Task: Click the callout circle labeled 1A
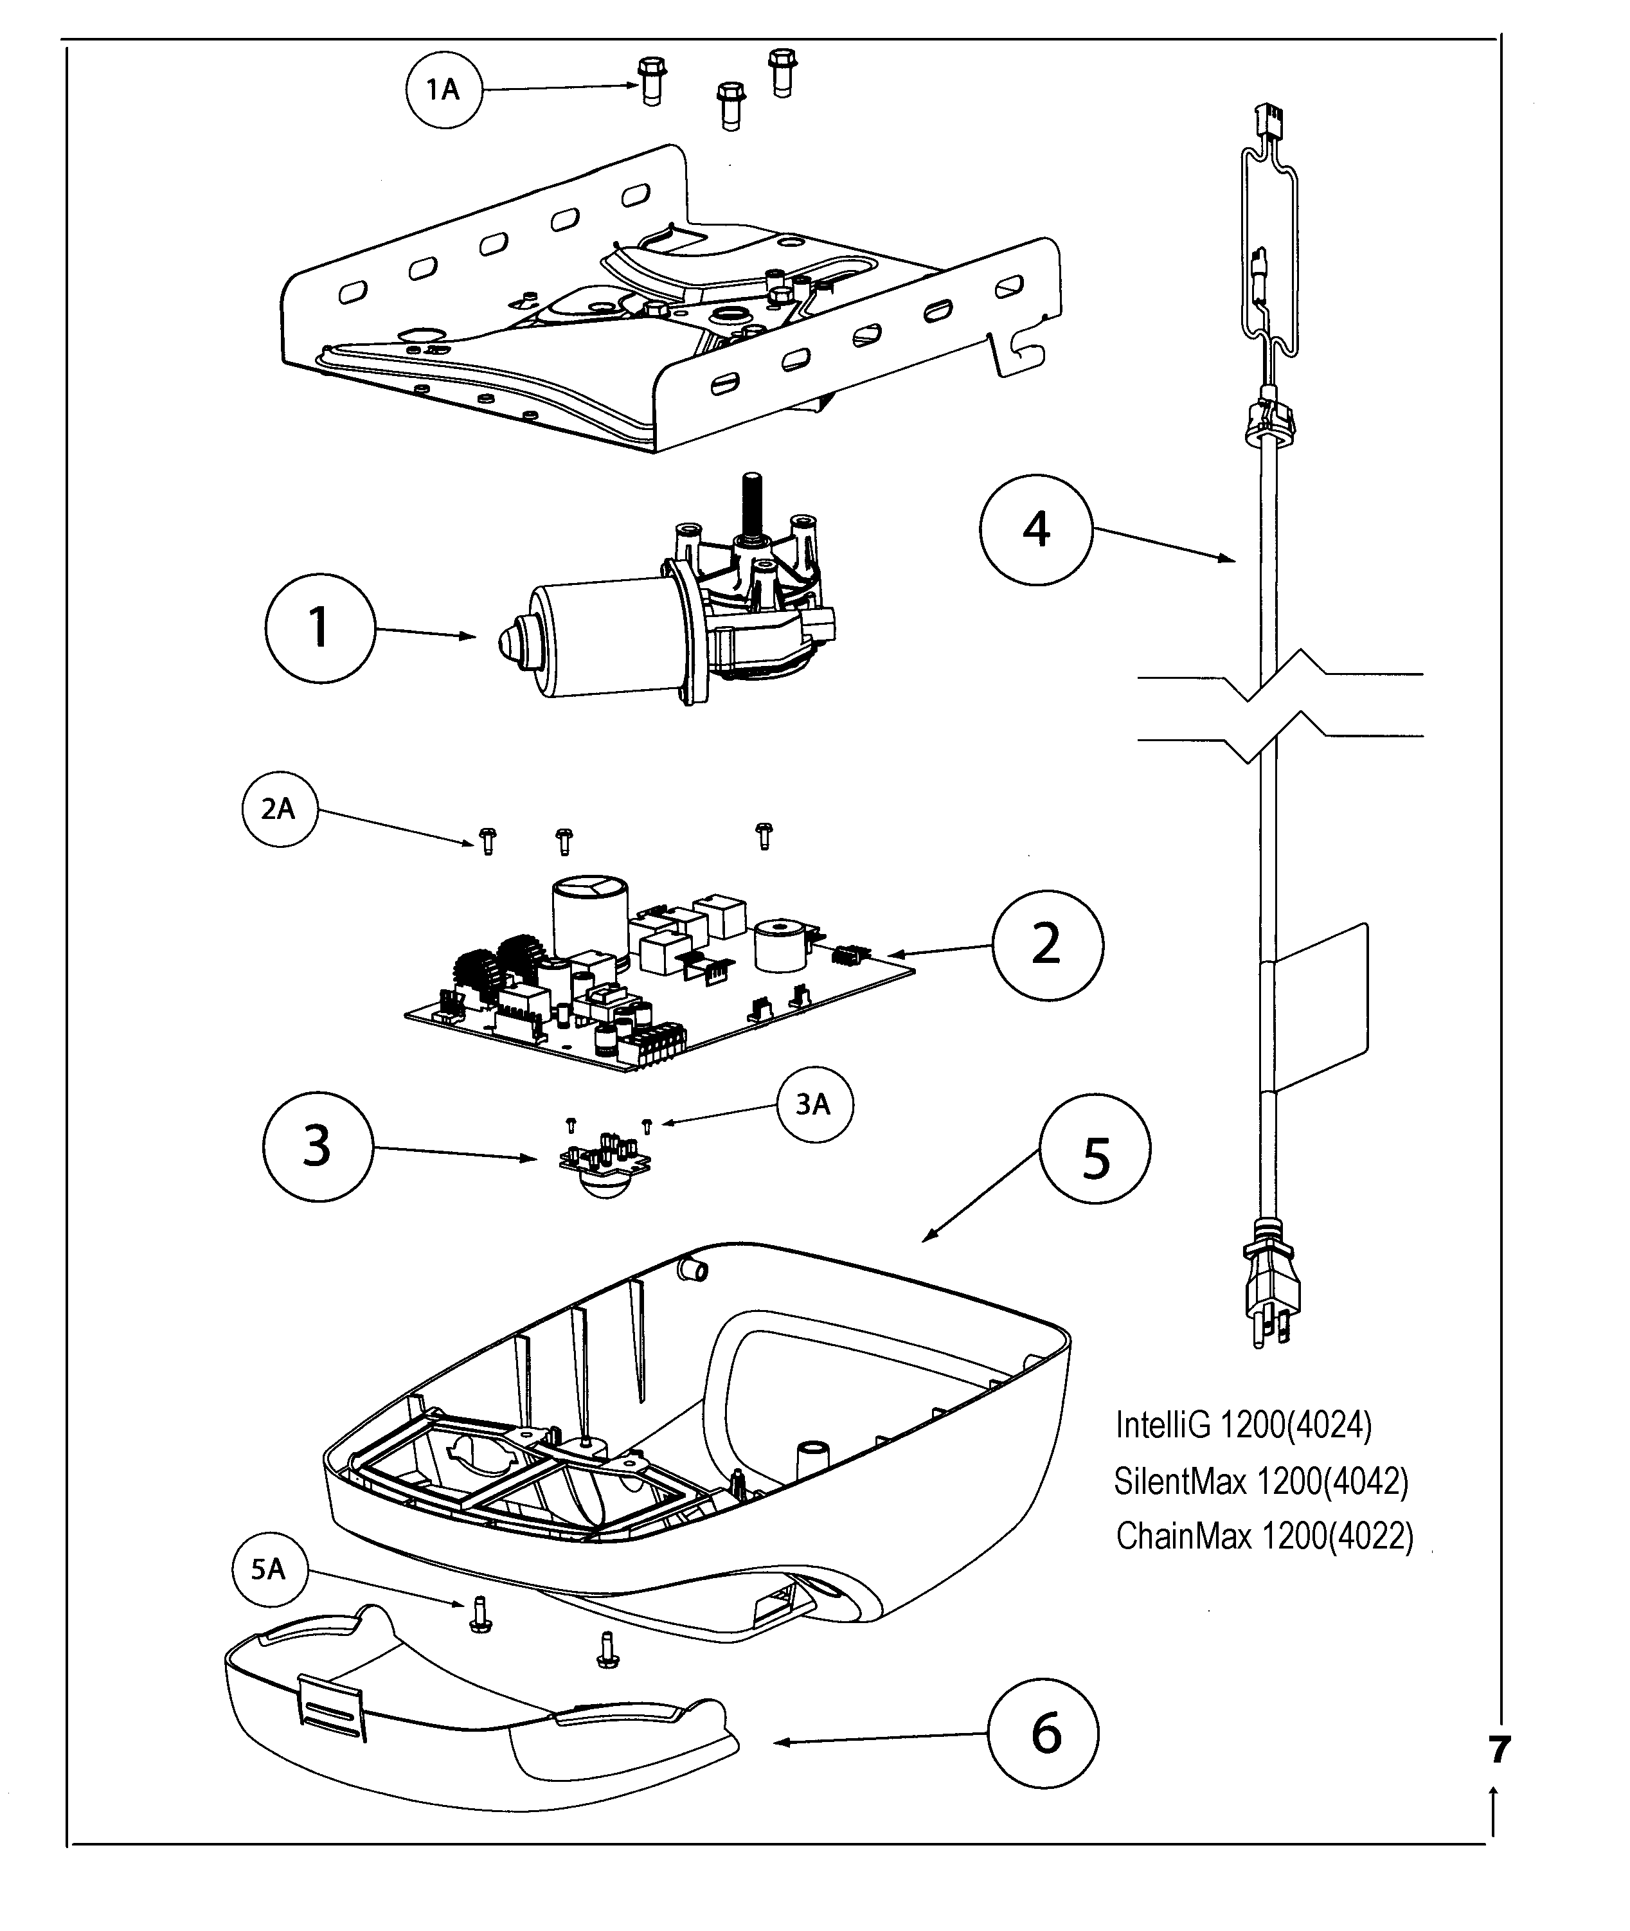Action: pyautogui.click(x=445, y=89)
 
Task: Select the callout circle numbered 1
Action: pyautogui.click(x=319, y=628)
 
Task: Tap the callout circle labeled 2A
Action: pyautogui.click(x=279, y=809)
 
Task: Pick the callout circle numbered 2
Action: pyautogui.click(x=1047, y=945)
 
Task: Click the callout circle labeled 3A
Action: pyautogui.click(x=813, y=1104)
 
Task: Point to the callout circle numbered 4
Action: pyautogui.click(x=1036, y=530)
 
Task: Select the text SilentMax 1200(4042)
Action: pyautogui.click(x=1261, y=1481)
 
